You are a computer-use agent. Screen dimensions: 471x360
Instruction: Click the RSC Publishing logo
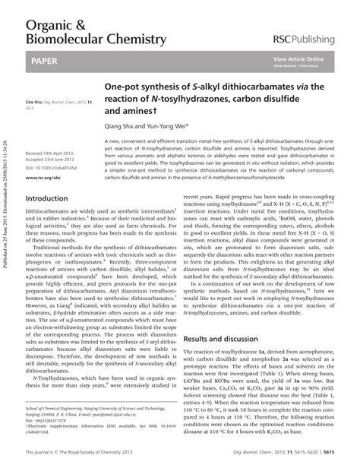(x=307, y=37)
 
